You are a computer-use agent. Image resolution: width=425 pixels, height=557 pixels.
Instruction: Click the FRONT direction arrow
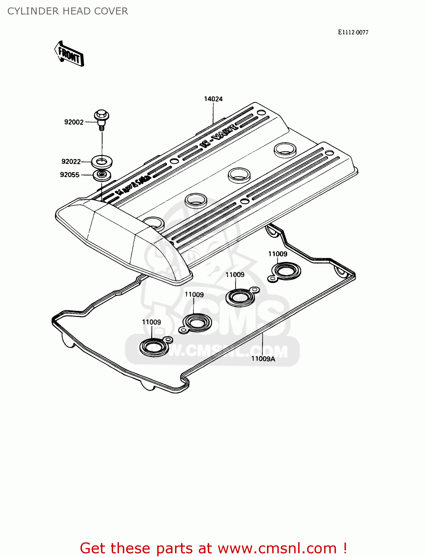[69, 54]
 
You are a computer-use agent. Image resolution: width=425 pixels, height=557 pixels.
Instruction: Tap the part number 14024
[213, 99]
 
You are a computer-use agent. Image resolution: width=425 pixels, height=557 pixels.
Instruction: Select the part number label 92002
[74, 122]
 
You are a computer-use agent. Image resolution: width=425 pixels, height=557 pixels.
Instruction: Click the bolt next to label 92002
[101, 118]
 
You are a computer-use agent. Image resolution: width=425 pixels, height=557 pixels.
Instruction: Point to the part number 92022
[71, 162]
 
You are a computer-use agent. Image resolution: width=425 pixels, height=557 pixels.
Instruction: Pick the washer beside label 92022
[102, 162]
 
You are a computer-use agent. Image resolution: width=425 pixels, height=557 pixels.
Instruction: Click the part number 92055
[70, 175]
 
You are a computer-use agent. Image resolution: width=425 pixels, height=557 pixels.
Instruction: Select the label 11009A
[263, 359]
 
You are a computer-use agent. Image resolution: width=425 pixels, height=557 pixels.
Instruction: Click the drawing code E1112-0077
[353, 32]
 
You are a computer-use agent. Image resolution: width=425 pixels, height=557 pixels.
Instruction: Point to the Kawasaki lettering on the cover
[132, 185]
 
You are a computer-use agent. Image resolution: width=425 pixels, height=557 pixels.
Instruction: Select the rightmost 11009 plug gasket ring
[286, 271]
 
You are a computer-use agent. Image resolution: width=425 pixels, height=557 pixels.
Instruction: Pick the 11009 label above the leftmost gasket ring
[151, 322]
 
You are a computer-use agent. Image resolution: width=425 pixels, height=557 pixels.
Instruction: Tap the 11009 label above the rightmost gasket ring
[277, 254]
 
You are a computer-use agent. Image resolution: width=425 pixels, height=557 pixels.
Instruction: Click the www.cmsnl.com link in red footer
[277, 548]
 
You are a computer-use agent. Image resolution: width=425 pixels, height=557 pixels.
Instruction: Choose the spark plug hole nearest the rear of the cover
[285, 149]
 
